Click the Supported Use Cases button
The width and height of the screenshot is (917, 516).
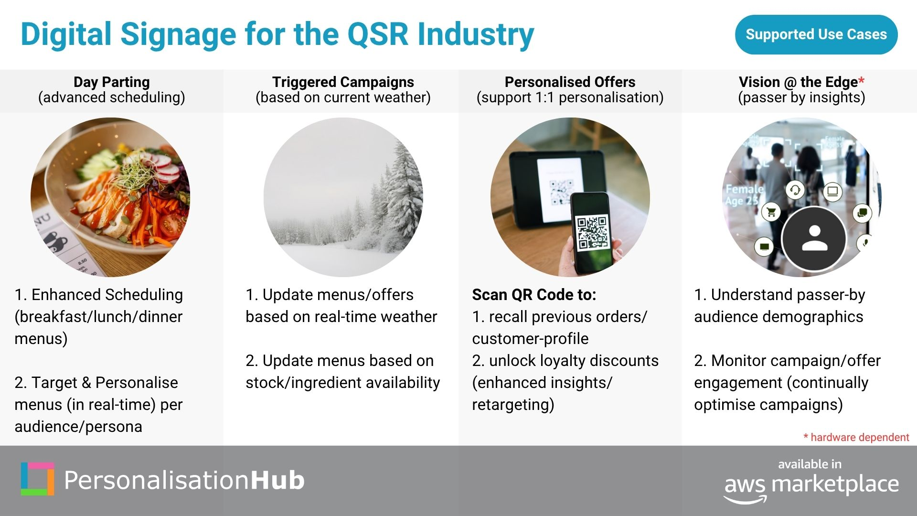[816, 34]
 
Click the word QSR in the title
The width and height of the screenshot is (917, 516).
[378, 34]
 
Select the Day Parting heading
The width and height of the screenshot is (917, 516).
[112, 82]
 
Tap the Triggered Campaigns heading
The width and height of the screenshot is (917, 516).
[343, 82]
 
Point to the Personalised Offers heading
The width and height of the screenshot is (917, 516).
[570, 82]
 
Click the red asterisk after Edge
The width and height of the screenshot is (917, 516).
[861, 80]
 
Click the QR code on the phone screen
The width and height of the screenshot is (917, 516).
[592, 233]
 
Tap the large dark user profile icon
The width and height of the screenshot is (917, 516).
[814, 238]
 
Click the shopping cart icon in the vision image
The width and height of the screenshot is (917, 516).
[771, 212]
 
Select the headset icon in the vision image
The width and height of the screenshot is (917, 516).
[795, 190]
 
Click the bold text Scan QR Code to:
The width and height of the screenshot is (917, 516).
[534, 295]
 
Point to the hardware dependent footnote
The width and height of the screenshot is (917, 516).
[856, 437]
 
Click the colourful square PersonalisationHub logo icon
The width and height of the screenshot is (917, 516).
[37, 479]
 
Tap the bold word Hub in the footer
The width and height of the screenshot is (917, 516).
[277, 480]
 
